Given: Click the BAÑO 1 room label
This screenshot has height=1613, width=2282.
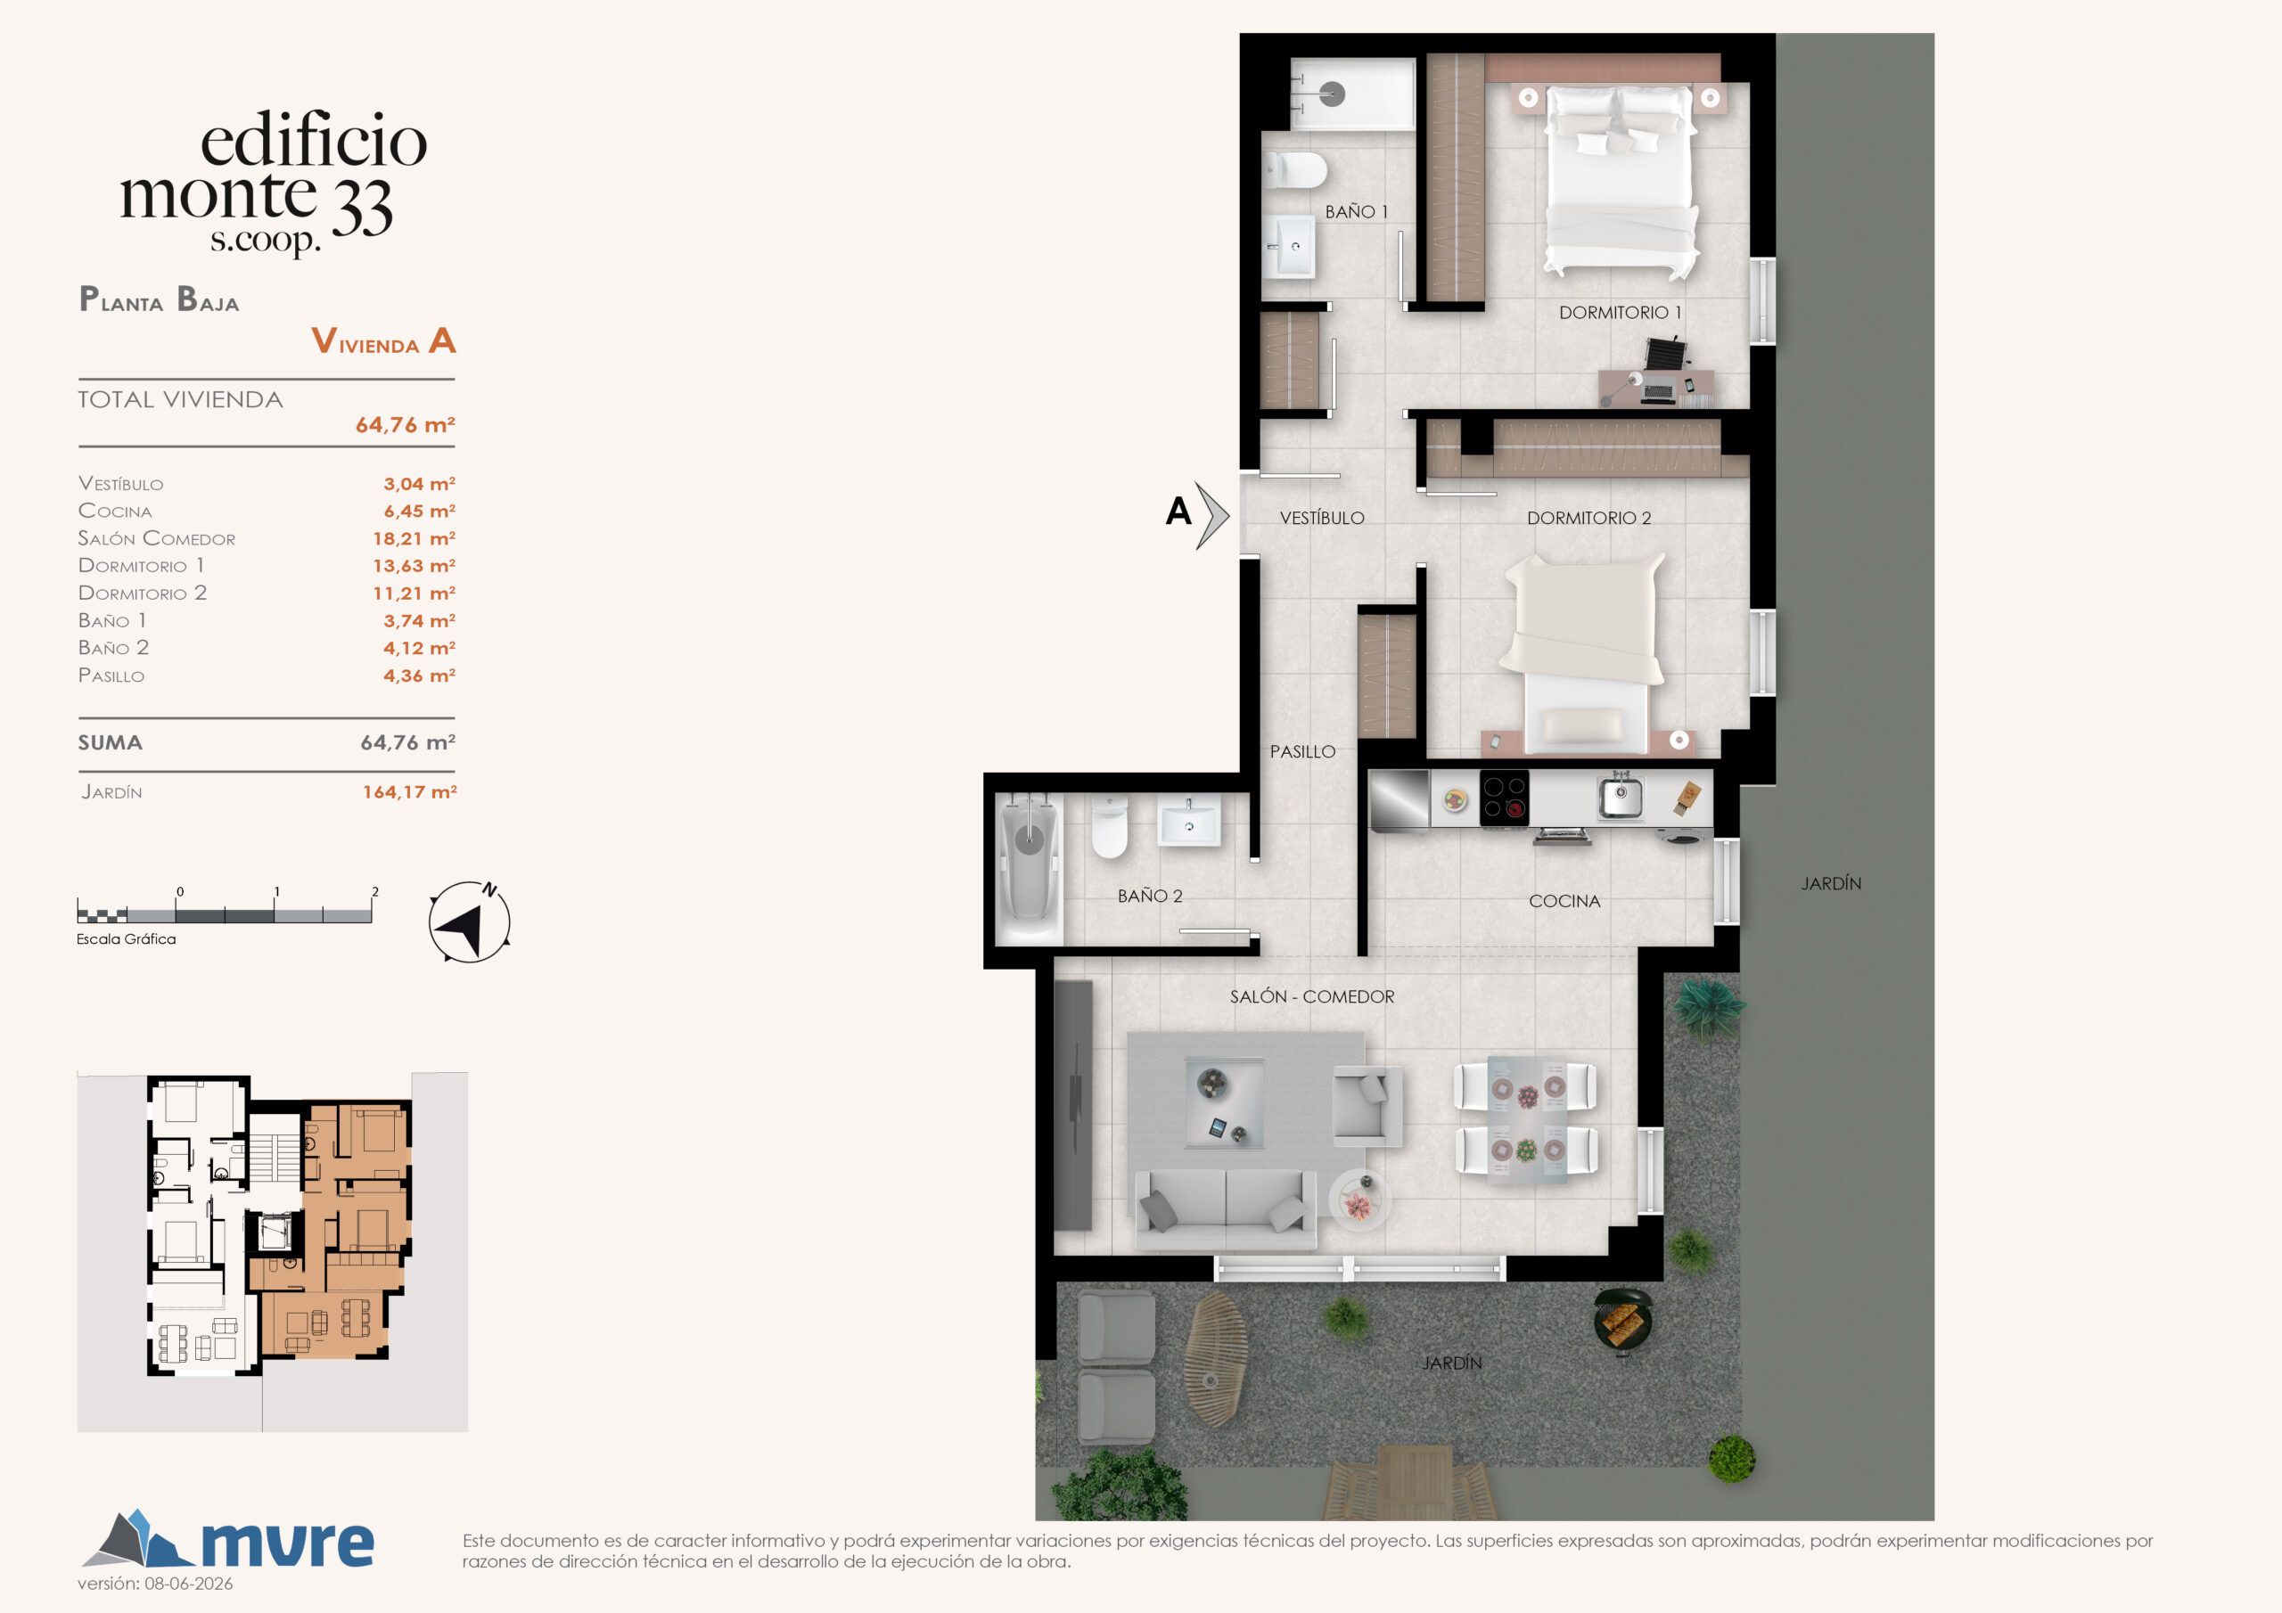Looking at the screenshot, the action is (x=1356, y=212).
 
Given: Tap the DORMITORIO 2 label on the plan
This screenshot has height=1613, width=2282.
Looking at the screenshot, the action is (x=1588, y=518).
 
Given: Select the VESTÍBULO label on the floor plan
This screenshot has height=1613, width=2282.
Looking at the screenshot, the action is (x=1322, y=518).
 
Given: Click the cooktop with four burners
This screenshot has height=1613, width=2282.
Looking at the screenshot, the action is (x=1504, y=798).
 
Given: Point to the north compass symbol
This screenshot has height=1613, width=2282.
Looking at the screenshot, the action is (x=469, y=921).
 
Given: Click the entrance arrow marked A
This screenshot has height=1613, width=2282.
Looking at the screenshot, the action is (x=1212, y=516).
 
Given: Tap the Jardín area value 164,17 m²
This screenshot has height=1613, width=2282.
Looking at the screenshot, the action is (x=409, y=792).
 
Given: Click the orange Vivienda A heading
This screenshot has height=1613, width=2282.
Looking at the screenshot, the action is (x=383, y=341).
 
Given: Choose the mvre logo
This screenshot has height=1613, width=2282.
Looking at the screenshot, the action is (x=227, y=1541).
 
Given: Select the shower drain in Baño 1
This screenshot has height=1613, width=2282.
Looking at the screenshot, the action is (x=1332, y=94).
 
